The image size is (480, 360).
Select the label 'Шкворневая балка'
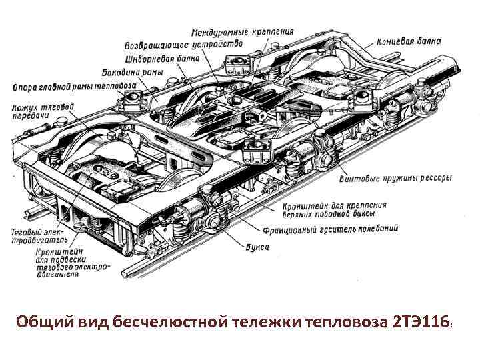pyautogui.click(x=165, y=59)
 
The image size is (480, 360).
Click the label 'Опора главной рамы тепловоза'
pyautogui.click(x=75, y=87)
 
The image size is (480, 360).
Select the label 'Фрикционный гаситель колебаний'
pyautogui.click(x=341, y=229)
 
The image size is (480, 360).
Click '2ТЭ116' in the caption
pyautogui.click(x=422, y=323)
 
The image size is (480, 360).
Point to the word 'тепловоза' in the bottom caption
pyautogui.click(x=346, y=323)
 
